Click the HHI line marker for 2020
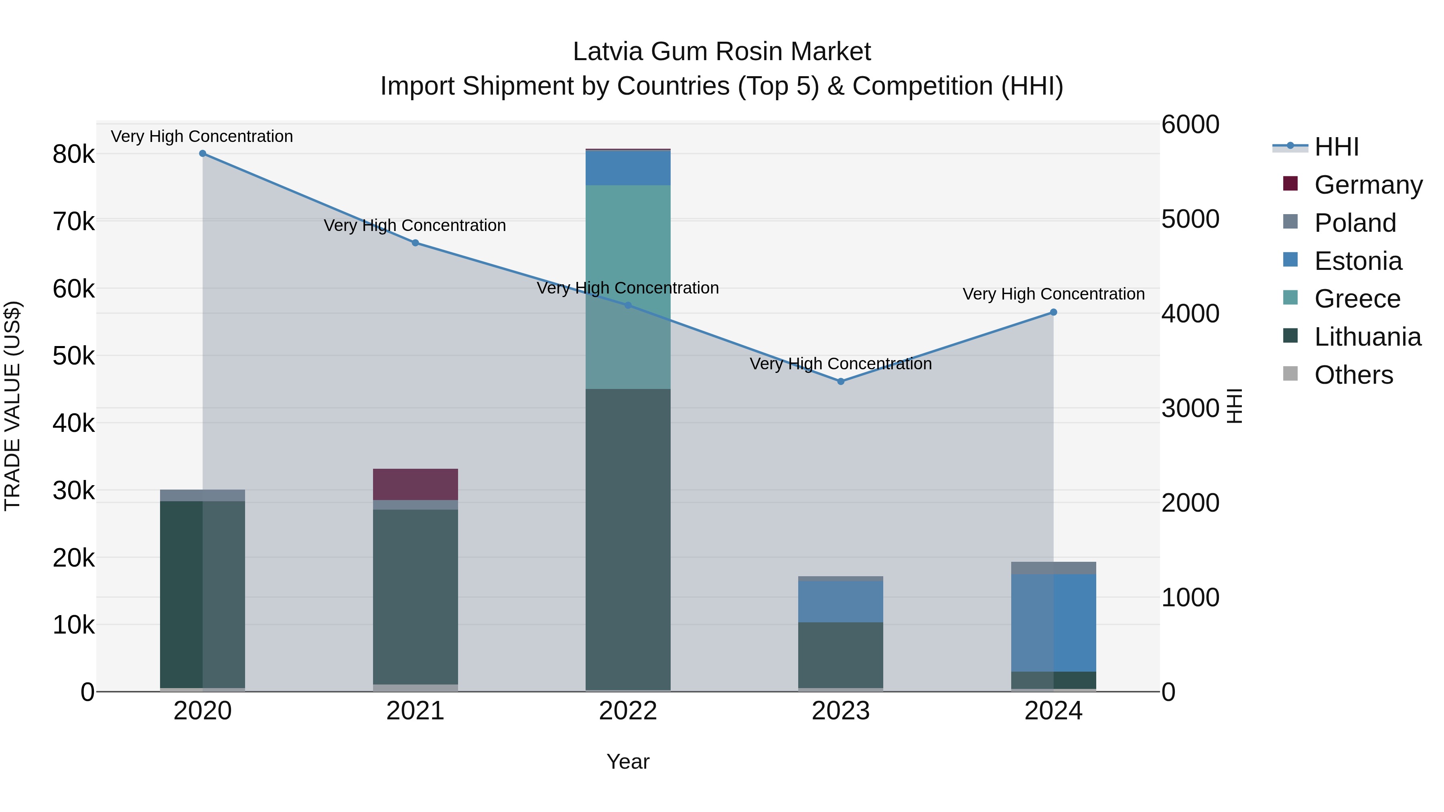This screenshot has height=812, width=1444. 203,154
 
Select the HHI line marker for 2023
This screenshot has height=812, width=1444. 840,382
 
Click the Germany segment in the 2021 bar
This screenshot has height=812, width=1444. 416,484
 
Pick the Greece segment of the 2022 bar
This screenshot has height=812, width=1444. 628,287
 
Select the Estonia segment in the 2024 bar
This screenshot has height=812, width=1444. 1053,623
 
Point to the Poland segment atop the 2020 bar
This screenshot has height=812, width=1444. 203,495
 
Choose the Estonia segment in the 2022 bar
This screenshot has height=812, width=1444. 628,168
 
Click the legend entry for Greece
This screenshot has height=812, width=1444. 1357,299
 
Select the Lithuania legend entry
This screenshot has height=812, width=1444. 1367,337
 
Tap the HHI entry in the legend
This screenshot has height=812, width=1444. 1337,147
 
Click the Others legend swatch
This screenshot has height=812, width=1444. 1290,374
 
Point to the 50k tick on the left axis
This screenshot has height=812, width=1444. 73,356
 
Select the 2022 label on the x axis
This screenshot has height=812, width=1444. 628,711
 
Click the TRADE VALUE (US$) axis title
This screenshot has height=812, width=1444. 13,406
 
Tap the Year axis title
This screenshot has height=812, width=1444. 628,761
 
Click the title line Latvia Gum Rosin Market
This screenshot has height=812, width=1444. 722,52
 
